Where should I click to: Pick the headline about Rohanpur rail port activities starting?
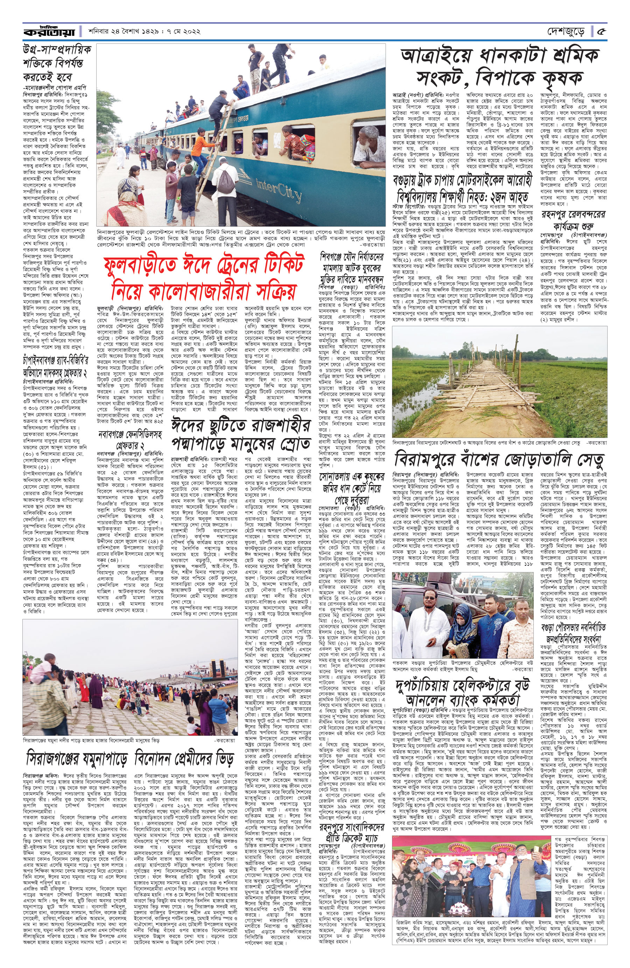[573, 219]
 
